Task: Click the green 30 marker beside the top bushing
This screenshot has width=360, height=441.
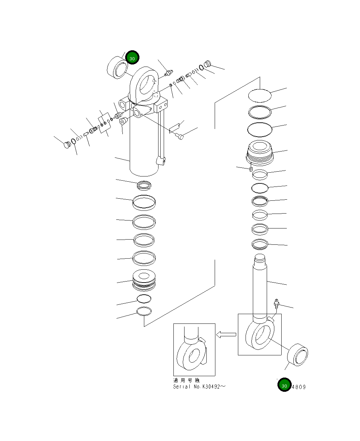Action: (132, 58)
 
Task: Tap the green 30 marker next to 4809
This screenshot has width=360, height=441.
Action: (284, 384)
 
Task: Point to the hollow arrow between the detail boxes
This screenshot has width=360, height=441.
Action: (226, 335)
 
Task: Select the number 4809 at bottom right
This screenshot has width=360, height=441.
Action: (299, 387)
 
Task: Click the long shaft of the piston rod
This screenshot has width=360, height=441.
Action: (260, 288)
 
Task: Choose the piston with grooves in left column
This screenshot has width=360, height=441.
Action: (144, 280)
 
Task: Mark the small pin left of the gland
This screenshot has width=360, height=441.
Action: (250, 169)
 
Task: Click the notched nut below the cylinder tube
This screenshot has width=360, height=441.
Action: (144, 185)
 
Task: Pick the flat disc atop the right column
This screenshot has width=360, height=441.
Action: (259, 95)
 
